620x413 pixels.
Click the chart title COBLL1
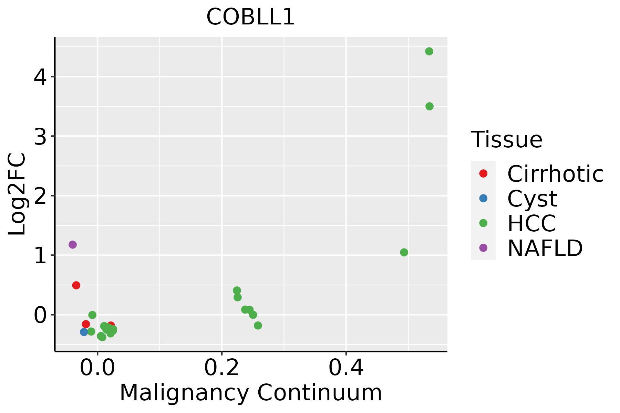(x=250, y=17)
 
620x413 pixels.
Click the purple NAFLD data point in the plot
(x=72, y=245)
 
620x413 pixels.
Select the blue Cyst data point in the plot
(x=84, y=332)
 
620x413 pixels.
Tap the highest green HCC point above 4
(x=429, y=52)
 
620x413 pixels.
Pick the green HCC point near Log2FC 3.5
(x=429, y=106)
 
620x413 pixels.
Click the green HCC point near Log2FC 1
(x=404, y=253)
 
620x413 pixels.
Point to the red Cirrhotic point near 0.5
(x=76, y=285)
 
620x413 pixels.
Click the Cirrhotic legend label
(x=555, y=174)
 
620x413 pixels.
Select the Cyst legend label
(x=532, y=199)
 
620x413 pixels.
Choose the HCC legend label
(x=531, y=223)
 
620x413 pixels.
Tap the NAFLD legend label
(x=545, y=248)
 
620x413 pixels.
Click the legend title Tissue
(x=506, y=140)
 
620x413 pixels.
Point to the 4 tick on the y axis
(x=40, y=77)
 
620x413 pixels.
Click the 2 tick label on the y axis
(x=40, y=196)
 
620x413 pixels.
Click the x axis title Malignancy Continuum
(x=251, y=393)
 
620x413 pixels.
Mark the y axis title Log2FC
(x=17, y=194)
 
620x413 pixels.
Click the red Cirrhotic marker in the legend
(x=483, y=173)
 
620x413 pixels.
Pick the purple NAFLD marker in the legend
(x=483, y=248)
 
